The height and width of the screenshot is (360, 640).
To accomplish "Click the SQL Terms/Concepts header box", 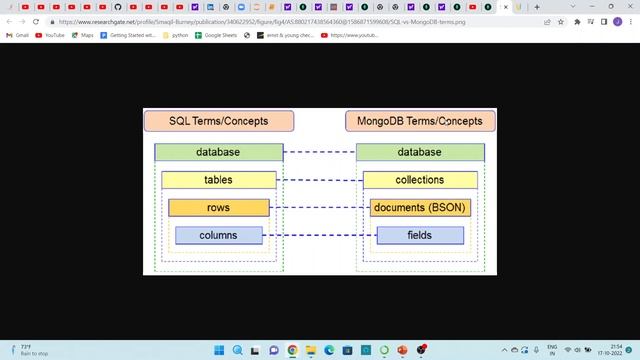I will coord(219,121).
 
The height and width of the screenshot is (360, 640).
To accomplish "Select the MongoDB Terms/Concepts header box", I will coord(420,121).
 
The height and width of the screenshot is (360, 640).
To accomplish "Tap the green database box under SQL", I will coord(218,152).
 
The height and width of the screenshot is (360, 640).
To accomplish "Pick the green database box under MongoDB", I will coord(420,152).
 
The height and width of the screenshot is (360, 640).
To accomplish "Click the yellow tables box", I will coord(218,180).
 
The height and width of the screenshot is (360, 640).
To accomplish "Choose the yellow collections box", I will coord(420,180).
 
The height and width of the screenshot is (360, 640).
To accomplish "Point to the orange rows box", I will coord(218,208).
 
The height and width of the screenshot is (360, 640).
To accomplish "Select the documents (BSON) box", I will coord(420,208).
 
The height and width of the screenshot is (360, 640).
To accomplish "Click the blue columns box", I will coord(218,235).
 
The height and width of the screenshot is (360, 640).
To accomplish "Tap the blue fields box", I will coord(420,235).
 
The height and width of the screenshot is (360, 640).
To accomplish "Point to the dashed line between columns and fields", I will coord(320,235).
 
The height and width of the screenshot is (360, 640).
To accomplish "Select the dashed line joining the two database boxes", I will coord(320,152).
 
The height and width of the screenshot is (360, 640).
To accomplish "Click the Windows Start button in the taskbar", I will coord(219,350).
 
